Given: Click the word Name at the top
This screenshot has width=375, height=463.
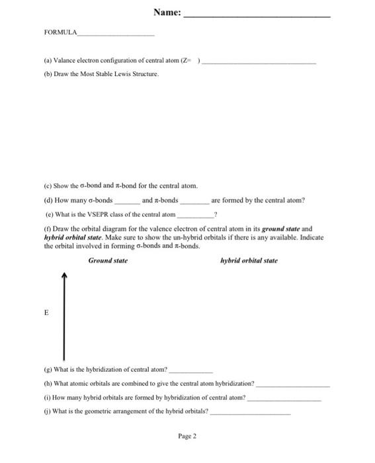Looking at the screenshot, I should tap(165, 12).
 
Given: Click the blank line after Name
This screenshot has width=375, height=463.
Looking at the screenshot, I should tap(256, 16).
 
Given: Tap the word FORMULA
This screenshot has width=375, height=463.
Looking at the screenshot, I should tap(60, 32).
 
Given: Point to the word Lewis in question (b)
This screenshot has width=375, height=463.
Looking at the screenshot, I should tap(126, 74).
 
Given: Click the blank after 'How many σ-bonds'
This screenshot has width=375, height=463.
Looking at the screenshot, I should tap(127, 202).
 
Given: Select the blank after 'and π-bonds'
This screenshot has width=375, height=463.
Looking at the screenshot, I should tap(193, 202).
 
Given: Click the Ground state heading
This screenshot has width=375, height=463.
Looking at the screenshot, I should tap(108, 261).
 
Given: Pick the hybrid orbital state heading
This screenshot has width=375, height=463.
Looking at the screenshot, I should tap(249, 261).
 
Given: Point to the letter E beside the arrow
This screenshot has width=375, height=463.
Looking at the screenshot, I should tap(46, 314).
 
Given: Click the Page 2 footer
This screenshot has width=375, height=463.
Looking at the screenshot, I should tap(187, 437).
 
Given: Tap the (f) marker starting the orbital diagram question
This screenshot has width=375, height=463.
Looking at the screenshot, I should tap(48, 228).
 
